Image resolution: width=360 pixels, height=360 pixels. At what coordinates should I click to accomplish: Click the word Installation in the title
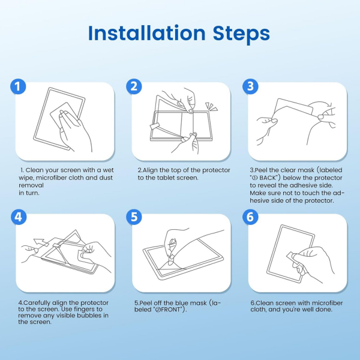point(146,33)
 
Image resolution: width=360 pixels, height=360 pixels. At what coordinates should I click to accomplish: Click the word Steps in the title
point(241,35)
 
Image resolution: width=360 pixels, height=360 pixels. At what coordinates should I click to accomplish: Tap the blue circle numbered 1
point(18,86)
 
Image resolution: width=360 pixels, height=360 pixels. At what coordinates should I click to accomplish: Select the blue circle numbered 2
point(134,86)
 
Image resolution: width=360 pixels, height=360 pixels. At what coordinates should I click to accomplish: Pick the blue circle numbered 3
point(250,86)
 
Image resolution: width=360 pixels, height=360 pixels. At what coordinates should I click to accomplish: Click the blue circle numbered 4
point(19,217)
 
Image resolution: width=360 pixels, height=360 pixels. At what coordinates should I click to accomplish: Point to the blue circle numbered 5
point(134,217)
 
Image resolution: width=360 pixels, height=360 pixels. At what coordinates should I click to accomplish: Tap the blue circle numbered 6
point(250,217)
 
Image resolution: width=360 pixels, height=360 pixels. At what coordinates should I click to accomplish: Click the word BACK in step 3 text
point(267,178)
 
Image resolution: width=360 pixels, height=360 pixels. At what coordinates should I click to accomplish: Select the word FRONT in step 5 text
point(171,310)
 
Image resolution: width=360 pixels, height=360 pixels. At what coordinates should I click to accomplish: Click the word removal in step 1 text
point(31,185)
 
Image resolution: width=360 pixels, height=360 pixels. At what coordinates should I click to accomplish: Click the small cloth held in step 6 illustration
point(292,257)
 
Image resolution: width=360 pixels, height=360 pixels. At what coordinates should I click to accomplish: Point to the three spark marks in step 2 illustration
point(211,107)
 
